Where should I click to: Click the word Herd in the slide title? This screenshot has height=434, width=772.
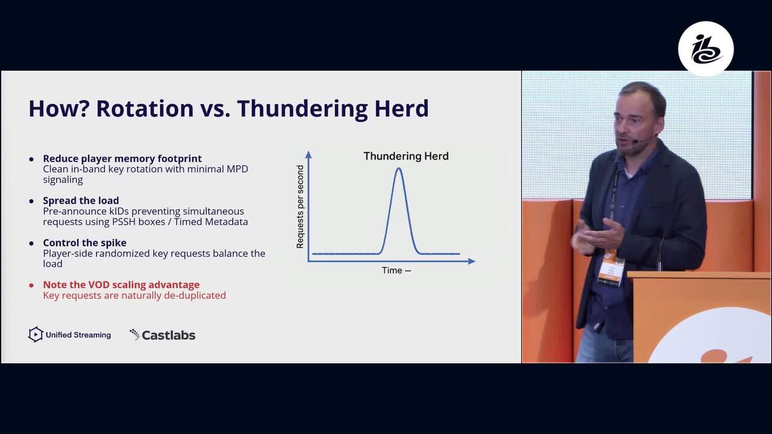402,108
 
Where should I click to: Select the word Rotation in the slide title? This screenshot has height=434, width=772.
145,108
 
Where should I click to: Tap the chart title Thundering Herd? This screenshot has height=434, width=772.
406,156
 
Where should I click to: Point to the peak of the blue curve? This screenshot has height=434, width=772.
399,168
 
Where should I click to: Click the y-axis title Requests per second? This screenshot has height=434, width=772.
300,207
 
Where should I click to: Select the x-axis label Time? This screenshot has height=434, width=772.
392,271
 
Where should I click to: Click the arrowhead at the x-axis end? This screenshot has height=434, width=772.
472,262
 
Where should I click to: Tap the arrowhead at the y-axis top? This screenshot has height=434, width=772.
308,155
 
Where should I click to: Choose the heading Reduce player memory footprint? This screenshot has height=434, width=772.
122,159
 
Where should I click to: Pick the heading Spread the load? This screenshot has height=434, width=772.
81,201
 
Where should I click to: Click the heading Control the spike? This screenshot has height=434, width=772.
85,243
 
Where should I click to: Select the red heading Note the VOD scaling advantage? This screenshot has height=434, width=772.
121,285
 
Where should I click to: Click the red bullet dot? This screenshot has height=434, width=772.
31,285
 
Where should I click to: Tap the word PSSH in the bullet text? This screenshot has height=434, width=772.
124,221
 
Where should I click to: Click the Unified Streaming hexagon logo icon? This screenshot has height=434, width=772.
36,335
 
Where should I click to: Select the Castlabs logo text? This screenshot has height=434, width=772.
168,335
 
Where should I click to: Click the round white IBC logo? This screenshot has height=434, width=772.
706,49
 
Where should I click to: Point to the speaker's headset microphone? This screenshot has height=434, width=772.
635,141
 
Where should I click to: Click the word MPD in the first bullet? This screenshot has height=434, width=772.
237,169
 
